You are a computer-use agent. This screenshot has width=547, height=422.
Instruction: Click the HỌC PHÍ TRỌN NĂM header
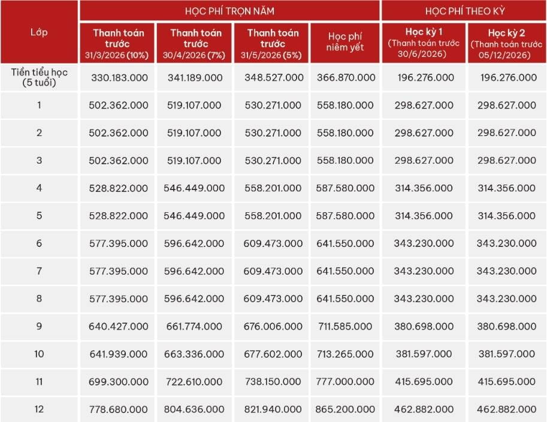coord(229,11)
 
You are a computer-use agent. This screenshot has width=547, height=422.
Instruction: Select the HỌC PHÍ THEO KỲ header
coord(465,11)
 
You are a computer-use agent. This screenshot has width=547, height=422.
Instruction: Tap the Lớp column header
coord(39,32)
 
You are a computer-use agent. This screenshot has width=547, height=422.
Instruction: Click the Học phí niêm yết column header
coord(345,42)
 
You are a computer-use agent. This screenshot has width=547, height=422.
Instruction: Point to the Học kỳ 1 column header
coord(424,43)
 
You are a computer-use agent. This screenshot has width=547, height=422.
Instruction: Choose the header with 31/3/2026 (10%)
coord(117,44)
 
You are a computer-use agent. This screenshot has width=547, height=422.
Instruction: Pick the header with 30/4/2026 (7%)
coord(194,44)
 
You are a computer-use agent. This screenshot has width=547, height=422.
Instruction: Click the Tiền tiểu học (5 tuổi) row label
coord(39,77)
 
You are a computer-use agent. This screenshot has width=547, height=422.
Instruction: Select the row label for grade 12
coord(39,409)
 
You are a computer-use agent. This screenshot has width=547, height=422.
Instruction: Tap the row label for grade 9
coord(39,326)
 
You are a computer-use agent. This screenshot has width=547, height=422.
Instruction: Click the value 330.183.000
coord(119,77)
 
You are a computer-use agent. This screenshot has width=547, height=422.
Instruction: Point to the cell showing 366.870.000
coord(346,77)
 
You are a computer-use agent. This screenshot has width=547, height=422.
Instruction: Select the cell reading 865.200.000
coord(345,409)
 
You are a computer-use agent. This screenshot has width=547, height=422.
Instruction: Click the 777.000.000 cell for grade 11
coord(345,381)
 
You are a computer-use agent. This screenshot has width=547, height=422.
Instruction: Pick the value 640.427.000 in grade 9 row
coord(118,326)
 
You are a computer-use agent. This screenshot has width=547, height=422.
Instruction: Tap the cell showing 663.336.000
coord(194,354)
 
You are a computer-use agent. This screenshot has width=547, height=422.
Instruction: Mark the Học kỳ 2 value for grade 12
coord(506,409)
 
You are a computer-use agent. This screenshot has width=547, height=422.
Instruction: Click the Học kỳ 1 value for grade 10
coord(424,354)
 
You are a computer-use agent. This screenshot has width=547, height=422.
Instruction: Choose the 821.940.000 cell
coord(273,409)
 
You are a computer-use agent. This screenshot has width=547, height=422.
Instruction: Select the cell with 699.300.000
coord(118,381)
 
